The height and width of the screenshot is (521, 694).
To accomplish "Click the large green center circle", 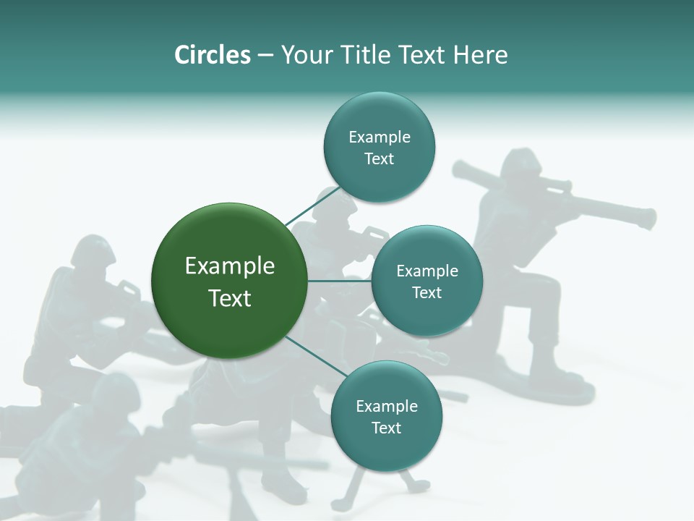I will click(x=230, y=281).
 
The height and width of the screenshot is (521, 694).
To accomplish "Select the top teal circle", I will click(x=379, y=148).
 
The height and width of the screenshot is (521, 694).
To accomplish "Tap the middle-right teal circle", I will click(x=427, y=281).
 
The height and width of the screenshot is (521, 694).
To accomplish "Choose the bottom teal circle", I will click(x=386, y=416).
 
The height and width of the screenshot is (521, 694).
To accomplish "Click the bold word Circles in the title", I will click(x=213, y=55).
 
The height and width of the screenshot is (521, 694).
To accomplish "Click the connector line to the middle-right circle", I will click(x=340, y=281).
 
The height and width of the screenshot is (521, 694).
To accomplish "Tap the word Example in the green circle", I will click(x=230, y=266).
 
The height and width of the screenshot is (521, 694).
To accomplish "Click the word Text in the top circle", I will click(x=379, y=159).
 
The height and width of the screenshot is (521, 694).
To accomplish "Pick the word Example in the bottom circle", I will click(x=386, y=406).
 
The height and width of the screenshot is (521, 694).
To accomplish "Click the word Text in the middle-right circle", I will click(x=427, y=292).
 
